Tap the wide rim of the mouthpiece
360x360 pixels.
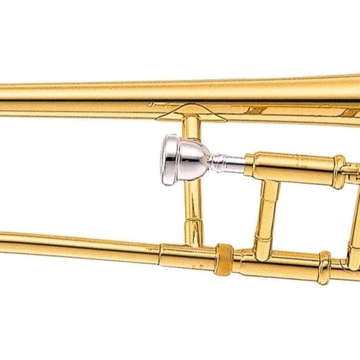pyautogui.click(x=165, y=152)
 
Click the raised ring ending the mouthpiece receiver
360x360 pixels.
pyautogui.click(x=339, y=168)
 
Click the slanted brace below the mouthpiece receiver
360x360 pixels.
pyautogui.click(x=268, y=212)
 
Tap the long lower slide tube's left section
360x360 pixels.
pyautogui.click(x=72, y=243)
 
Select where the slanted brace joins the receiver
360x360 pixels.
pyautogui.click(x=271, y=180)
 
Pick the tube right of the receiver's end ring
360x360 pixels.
pyautogui.click(x=353, y=170)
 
